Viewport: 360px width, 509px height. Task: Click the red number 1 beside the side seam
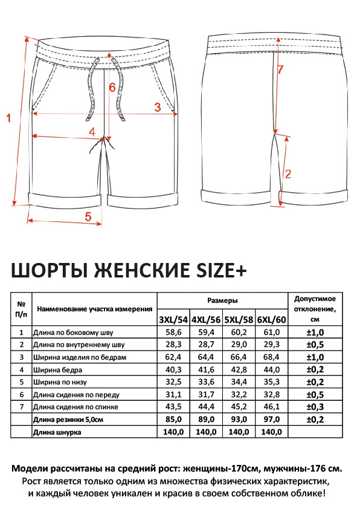coord(8,117)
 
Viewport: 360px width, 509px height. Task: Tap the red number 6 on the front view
coord(112,87)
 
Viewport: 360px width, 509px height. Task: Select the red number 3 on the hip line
coord(158,107)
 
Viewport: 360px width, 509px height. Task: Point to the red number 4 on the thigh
coord(92,132)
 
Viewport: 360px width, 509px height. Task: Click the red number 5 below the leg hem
coord(88,216)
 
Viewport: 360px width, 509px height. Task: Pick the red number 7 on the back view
coord(280,69)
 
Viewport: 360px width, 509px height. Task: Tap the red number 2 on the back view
coord(288,174)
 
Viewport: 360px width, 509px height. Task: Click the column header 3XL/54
coord(173,320)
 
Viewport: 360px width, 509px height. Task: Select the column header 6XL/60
coord(272,320)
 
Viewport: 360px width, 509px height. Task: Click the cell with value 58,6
coord(173,332)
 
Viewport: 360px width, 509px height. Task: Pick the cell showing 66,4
coord(239,357)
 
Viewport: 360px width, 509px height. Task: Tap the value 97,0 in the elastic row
coord(272,420)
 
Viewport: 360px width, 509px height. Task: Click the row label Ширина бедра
coord(57,370)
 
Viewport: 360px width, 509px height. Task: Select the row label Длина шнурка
coord(57,432)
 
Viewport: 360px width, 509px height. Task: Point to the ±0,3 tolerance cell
coord(315,407)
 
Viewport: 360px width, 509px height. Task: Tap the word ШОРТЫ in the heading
coord(50,270)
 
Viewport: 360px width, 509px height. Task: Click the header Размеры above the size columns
coord(222,300)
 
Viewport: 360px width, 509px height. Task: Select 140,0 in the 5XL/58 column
coord(239,432)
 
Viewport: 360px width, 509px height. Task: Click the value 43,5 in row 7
coord(173,407)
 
